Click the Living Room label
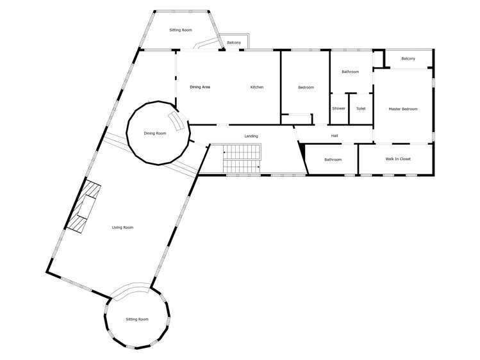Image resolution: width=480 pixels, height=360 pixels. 122,227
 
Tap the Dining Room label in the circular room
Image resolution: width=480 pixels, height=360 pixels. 154,133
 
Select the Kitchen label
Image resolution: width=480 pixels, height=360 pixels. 256,87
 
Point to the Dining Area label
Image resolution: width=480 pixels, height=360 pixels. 200,87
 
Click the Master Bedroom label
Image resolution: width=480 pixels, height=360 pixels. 403,109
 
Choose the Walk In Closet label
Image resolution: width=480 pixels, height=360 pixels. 398,159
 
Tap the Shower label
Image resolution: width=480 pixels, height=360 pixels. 338,108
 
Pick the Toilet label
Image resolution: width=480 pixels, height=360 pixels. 361,108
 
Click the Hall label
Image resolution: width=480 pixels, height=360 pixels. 334,136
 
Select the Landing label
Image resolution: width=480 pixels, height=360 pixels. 251,136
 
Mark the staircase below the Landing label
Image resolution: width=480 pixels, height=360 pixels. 242,158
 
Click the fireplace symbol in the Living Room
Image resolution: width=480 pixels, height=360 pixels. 83,207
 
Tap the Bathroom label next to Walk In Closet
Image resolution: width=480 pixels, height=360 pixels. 333,160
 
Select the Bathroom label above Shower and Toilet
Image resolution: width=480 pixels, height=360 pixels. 350,72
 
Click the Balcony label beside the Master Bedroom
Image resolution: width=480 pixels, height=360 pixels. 408,59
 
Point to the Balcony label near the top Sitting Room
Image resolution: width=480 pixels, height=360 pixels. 234,43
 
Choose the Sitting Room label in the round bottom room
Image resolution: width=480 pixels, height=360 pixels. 137,319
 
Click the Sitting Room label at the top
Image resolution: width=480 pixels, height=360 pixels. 181,30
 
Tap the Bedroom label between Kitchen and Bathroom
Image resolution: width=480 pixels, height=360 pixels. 306,87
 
